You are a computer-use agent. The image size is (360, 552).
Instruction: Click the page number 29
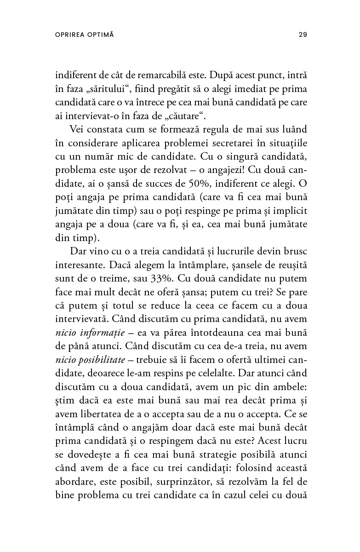click(303, 34)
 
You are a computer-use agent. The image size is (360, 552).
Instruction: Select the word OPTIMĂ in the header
click(100, 34)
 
